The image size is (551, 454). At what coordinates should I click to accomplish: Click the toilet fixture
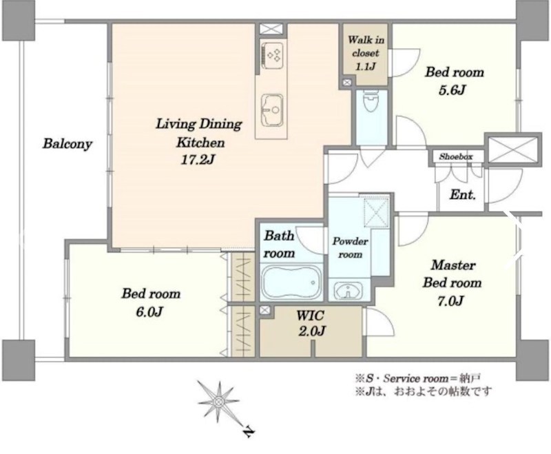371,101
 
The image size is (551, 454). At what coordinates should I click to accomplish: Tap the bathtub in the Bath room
292,282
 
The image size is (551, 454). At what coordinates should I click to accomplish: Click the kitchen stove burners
272,55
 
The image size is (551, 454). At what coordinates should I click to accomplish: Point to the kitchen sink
271,110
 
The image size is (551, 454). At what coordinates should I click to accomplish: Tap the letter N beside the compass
249,432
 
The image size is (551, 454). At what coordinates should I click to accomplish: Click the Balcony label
67,144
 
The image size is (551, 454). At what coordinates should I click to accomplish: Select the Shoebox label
456,156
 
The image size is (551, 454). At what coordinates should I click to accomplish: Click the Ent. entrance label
462,195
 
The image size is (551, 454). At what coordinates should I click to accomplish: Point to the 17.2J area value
198,161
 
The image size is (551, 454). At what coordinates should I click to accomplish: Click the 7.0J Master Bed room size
451,301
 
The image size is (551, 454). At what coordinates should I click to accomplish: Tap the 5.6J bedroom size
453,90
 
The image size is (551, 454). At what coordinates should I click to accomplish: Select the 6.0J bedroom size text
149,311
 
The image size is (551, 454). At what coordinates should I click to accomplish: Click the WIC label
310,316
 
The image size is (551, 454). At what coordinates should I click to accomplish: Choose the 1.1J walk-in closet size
366,66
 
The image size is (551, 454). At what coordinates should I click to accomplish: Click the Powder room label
350,248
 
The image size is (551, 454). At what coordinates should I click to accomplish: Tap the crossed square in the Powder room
376,213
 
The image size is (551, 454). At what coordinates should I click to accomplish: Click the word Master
453,265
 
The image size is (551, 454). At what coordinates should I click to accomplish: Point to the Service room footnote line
418,378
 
